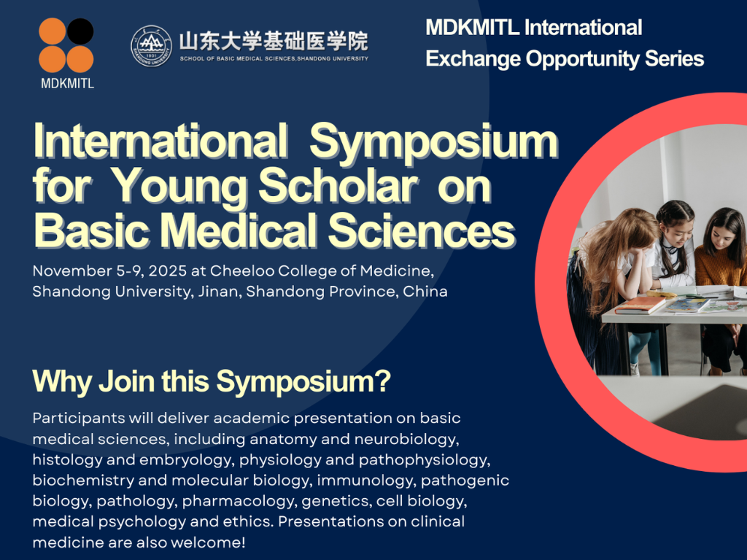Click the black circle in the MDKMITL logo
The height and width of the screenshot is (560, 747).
pyautogui.click(x=80, y=31)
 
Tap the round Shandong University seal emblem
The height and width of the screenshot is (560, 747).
pyautogui.click(x=152, y=46)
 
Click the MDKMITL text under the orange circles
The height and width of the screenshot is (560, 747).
pyautogui.click(x=67, y=84)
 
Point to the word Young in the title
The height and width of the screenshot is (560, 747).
pyautogui.click(x=179, y=187)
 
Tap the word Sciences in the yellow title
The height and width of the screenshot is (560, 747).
pyautogui.click(x=422, y=230)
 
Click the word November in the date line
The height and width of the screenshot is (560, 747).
pyautogui.click(x=72, y=271)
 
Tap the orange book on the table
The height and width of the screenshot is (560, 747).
pyautogui.click(x=640, y=306)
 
